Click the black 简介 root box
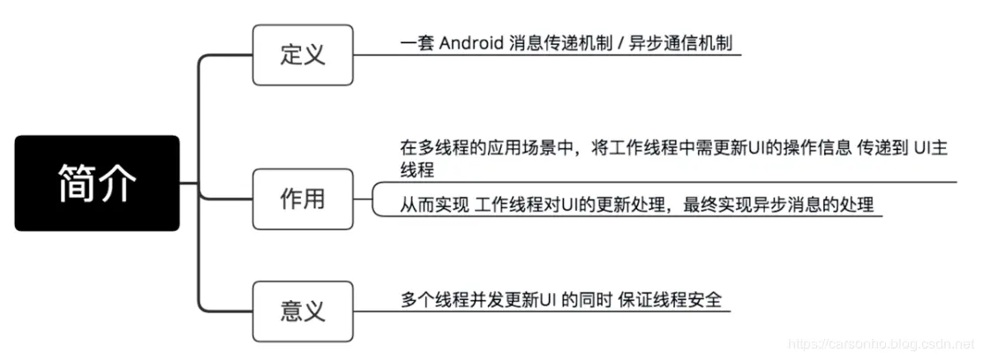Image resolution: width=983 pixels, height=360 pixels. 97,184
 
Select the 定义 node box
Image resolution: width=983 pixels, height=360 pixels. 303,54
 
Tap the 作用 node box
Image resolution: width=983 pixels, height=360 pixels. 303,199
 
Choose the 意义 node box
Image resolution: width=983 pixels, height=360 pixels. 303,311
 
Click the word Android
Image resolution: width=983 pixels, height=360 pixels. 471,43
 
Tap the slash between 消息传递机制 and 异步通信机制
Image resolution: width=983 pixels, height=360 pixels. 619,43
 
